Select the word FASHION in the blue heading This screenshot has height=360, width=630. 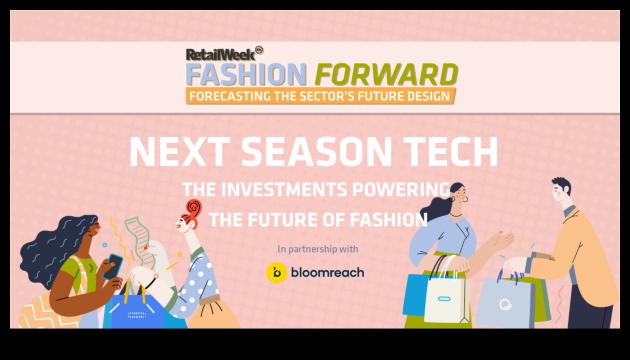coord(246,75)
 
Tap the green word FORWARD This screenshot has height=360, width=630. coord(386,75)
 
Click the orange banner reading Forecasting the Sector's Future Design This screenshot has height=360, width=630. coord(320,96)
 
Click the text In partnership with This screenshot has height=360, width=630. coord(318,249)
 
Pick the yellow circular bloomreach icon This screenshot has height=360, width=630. coord(276,273)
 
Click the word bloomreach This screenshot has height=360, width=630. coord(327,273)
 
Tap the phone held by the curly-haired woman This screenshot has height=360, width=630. coord(113,266)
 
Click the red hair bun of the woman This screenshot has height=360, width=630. coord(194,208)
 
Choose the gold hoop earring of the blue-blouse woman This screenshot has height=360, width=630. coord(465,199)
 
